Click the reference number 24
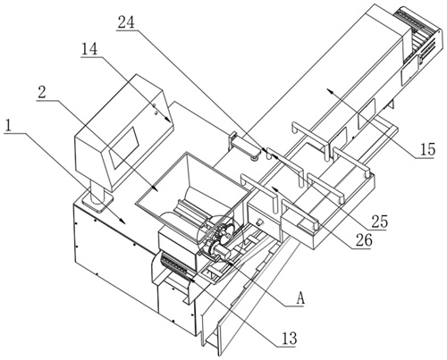[126, 22]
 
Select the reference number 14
[90, 49]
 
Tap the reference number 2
[42, 93]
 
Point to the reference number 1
[9, 126]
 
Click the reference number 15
[427, 149]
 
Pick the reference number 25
[379, 222]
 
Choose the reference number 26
[364, 240]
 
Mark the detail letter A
[301, 298]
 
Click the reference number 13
[290, 339]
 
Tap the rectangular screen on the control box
[124, 147]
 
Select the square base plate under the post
[97, 202]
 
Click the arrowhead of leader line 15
[330, 91]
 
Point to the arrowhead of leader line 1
[122, 221]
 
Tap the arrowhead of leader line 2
[155, 188]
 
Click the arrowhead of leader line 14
[167, 120]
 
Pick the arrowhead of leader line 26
[274, 189]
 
